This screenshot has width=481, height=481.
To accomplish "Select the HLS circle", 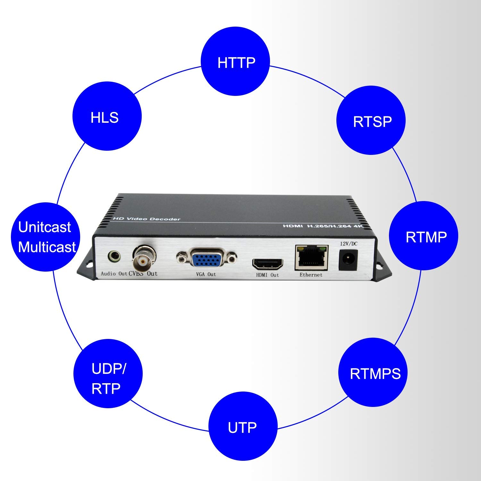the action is (107, 116).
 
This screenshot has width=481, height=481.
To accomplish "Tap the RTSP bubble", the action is (371, 120).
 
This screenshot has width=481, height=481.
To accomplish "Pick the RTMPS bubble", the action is (373, 372).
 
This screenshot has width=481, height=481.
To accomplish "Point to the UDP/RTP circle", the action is (108, 373).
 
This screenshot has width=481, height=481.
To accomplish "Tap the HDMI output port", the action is (268, 264).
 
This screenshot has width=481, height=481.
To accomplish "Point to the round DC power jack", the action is (348, 259).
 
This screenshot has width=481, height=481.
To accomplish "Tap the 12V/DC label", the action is (349, 244).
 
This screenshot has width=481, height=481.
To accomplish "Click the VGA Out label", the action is (206, 274).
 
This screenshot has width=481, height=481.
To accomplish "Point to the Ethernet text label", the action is (311, 275).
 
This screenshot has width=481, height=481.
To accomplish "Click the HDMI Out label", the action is (267, 275).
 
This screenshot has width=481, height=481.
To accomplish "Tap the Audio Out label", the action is (114, 274).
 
